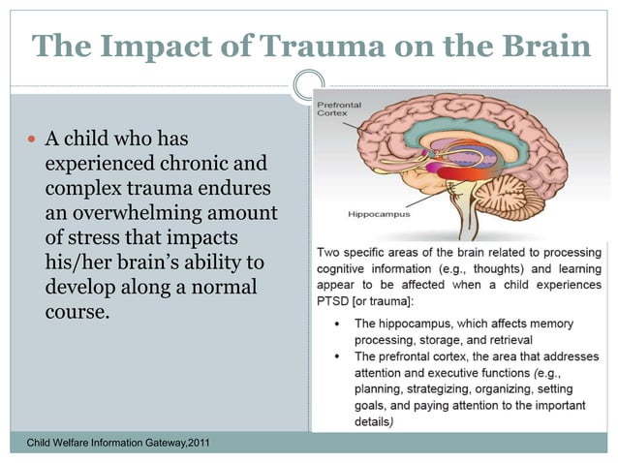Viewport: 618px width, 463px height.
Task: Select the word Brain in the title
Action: click(541, 45)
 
